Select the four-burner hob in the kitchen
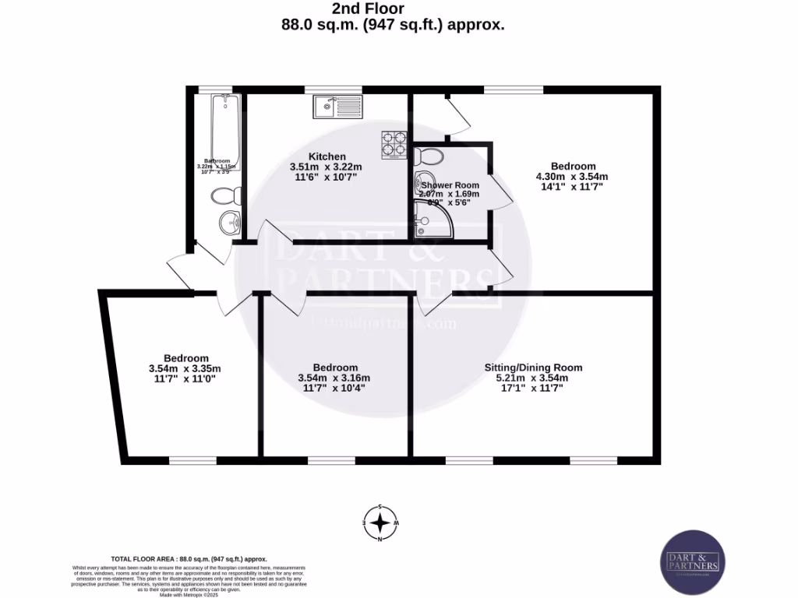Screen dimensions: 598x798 pos(394,145)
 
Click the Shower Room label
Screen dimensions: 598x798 pos(450,185)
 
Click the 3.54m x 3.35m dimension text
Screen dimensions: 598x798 pos(185,368)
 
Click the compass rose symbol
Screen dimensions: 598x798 pos(380,522)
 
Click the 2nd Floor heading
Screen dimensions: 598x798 pos(380,9)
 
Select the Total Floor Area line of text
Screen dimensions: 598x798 pos(189,559)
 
